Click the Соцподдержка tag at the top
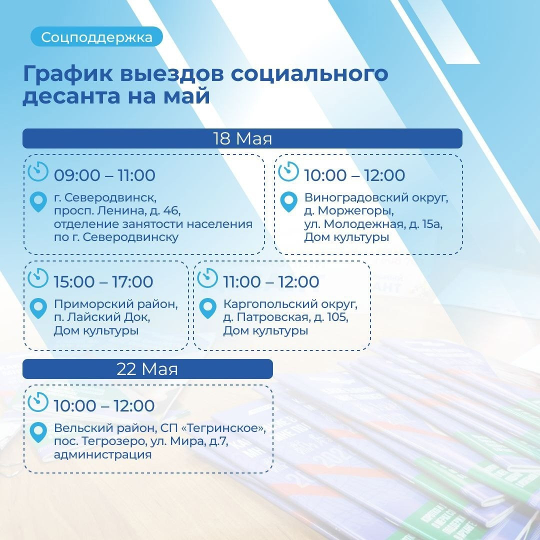(x=96, y=37)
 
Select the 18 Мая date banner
(x=242, y=138)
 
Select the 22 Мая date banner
(x=147, y=369)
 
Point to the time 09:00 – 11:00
(x=104, y=175)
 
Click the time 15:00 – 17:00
(x=103, y=281)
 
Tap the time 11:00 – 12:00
(x=271, y=281)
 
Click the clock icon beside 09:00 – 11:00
(x=38, y=171)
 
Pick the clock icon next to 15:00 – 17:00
(x=38, y=277)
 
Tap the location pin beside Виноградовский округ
(x=288, y=201)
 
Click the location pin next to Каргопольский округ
(x=208, y=308)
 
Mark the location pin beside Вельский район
(x=38, y=432)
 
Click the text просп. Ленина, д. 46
(x=117, y=210)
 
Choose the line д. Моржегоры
(x=349, y=210)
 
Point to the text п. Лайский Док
(x=102, y=317)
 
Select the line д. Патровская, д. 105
(x=286, y=317)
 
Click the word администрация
(x=103, y=454)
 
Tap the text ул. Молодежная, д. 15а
(x=373, y=224)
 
